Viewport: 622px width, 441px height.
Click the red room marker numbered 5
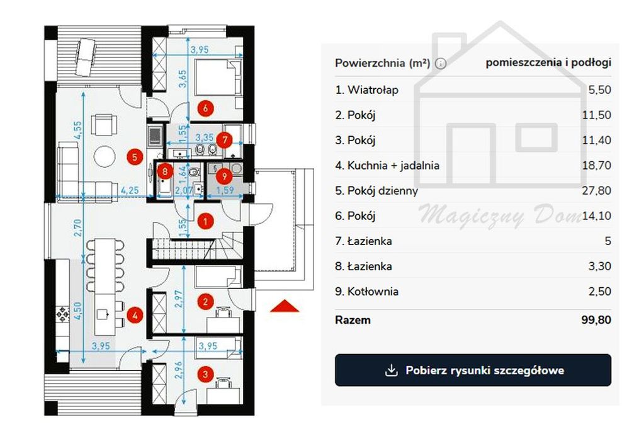coord(135,157)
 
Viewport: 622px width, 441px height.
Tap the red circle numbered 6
coord(205,108)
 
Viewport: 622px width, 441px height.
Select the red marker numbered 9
coord(225,175)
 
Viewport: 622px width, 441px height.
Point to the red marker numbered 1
coord(205,221)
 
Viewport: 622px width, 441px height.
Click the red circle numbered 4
coord(135,316)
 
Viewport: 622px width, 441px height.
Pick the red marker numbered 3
coord(205,374)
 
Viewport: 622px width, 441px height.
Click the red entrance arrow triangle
coord(285,306)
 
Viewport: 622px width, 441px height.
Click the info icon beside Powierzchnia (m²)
coord(440,64)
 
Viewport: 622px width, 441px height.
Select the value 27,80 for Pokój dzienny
coord(597,190)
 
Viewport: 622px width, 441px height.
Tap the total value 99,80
coord(596,320)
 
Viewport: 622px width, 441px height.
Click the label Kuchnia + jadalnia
coord(393,166)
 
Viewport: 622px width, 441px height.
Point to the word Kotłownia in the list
coord(373,291)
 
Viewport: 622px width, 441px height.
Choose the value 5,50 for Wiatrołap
coord(599,89)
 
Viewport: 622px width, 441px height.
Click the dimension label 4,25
coord(130,190)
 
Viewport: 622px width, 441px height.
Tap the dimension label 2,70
coord(77,228)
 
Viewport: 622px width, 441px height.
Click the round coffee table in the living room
coord(105,156)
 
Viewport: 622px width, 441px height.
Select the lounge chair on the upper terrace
coord(85,56)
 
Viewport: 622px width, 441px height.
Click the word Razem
coord(353,320)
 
